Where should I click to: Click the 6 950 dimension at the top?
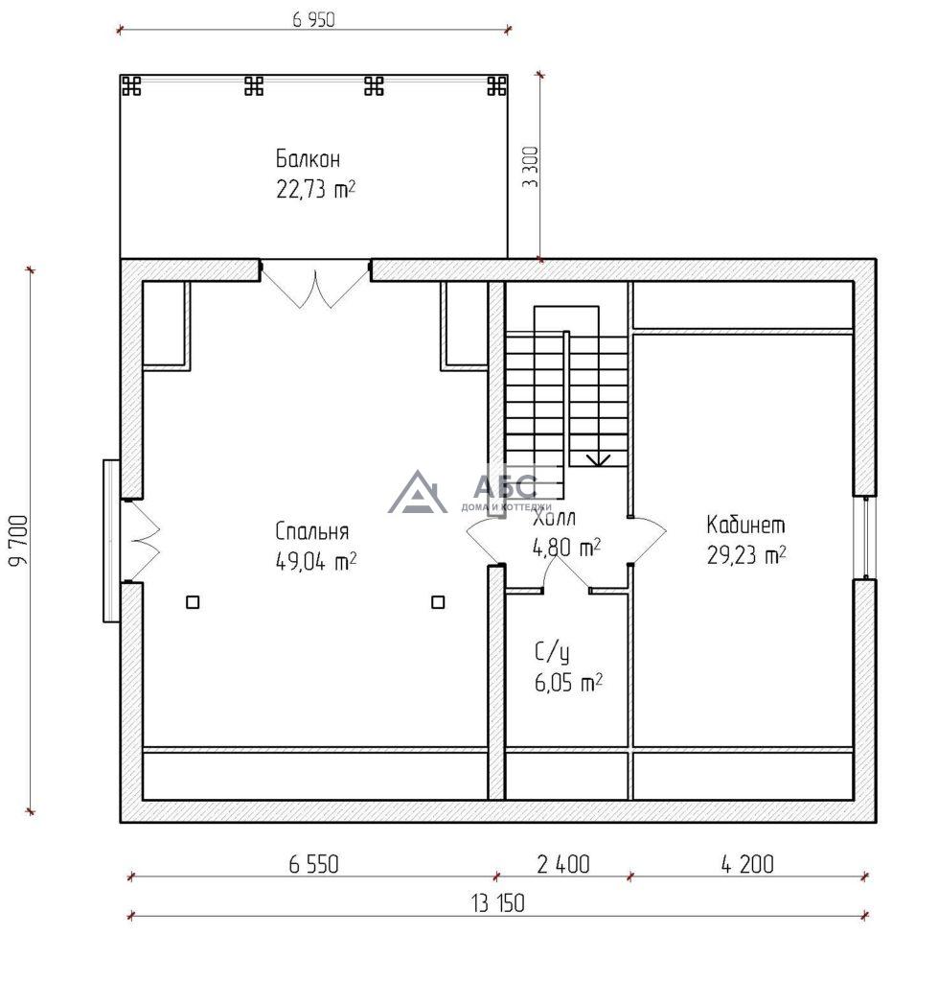pyautogui.click(x=313, y=20)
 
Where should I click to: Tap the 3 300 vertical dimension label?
pyautogui.click(x=530, y=167)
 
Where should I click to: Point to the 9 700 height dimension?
pyautogui.click(x=19, y=540)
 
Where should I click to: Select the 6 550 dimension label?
pyautogui.click(x=313, y=864)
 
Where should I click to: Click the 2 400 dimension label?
pyautogui.click(x=563, y=864)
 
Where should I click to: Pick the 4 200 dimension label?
pyautogui.click(x=747, y=864)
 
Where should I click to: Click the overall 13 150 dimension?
pyautogui.click(x=498, y=903)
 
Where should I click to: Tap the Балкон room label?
pyautogui.click(x=308, y=158)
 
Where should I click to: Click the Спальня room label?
pyautogui.click(x=311, y=531)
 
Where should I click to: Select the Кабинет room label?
pyautogui.click(x=745, y=525)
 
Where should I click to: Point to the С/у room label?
pyautogui.click(x=552, y=652)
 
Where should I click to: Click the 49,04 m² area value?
pyautogui.click(x=316, y=561)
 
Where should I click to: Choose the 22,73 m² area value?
pyautogui.click(x=316, y=189)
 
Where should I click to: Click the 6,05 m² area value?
pyautogui.click(x=568, y=683)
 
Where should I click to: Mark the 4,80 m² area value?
pyautogui.click(x=566, y=548)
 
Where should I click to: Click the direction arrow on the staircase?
pyautogui.click(x=598, y=459)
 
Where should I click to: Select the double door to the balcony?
pyautogui.click(x=315, y=285)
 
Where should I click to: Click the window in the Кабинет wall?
pyautogui.click(x=865, y=537)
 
